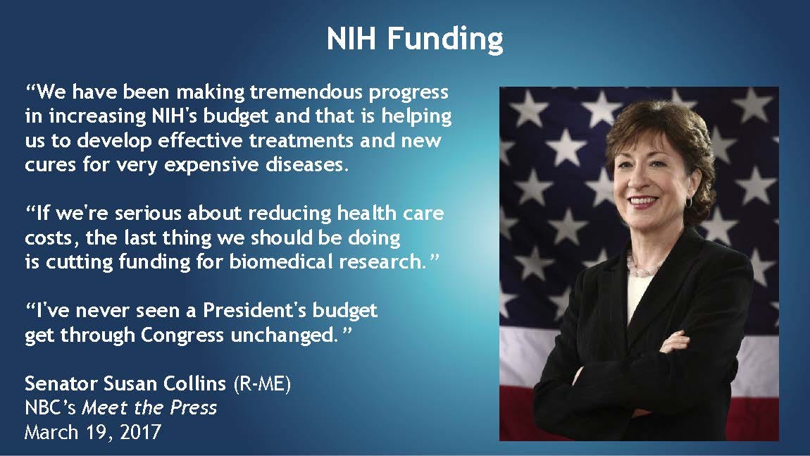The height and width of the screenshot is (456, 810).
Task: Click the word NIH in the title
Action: (351, 38)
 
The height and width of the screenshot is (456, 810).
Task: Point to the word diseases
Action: (307, 164)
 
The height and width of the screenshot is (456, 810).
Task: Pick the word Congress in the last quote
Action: (182, 335)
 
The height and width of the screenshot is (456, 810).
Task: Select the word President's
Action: (253, 310)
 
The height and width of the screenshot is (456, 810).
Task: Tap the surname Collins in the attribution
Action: (194, 383)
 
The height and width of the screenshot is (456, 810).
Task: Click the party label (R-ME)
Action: (263, 384)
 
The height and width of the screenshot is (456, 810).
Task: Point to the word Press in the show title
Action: (194, 407)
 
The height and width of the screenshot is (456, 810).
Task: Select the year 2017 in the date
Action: (141, 432)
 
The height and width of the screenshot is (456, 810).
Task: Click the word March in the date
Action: (50, 432)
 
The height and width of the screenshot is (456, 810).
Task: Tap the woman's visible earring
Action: (689, 201)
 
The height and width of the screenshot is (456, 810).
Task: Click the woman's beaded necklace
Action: (644, 266)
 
